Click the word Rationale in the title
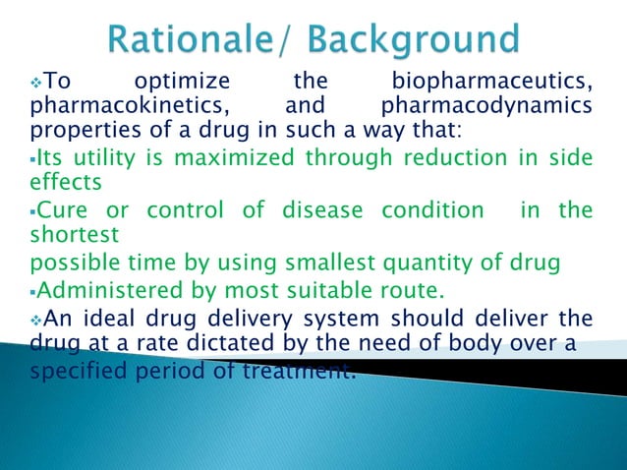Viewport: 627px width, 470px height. pyautogui.click(x=186, y=40)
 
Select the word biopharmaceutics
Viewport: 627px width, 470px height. pyautogui.click(x=491, y=81)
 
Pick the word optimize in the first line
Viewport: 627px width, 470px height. pyautogui.click(x=182, y=81)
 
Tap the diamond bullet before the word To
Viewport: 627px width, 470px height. pyautogui.click(x=36, y=81)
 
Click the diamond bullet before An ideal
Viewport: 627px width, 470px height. pyautogui.click(x=36, y=319)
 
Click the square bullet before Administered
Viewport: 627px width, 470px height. pyautogui.click(x=34, y=291)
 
